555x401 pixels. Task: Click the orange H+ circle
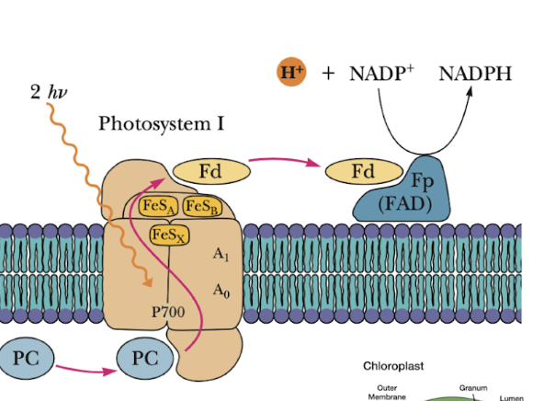(291, 71)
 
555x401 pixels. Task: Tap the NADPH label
(474, 73)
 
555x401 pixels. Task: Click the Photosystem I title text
(162, 122)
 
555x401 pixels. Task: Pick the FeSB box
(200, 206)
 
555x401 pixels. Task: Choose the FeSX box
(169, 236)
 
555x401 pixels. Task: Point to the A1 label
(221, 254)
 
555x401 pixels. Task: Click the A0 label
(221, 291)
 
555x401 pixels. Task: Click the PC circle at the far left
(25, 359)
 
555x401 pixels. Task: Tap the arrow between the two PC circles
(85, 369)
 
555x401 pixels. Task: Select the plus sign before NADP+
(328, 73)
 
